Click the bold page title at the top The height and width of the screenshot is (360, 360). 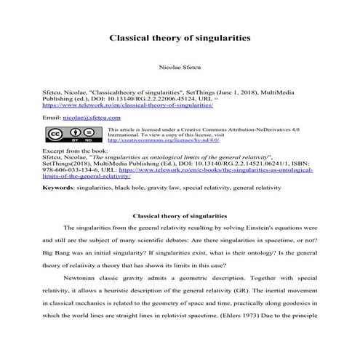180,35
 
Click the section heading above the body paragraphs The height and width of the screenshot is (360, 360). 179,216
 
